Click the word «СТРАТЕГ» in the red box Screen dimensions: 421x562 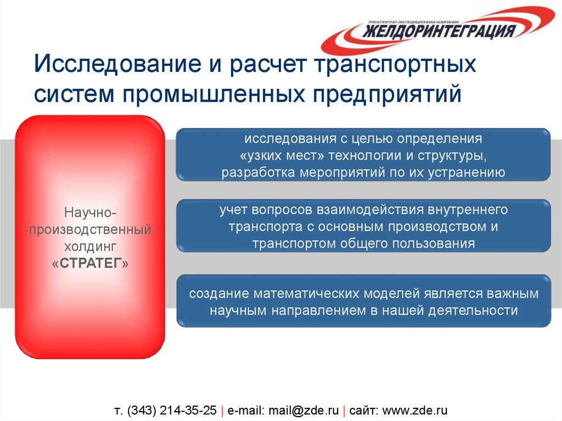pyautogui.click(x=90, y=263)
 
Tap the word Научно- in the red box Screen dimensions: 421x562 pyautogui.click(x=90, y=211)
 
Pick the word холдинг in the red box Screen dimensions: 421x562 pyautogui.click(x=90, y=246)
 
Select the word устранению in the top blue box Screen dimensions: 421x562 pyautogui.click(x=467, y=172)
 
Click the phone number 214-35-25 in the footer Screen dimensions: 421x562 pyautogui.click(x=189, y=411)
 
